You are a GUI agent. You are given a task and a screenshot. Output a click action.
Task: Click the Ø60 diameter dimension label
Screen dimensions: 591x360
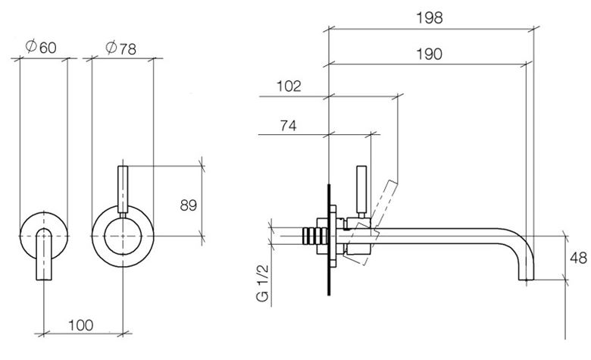[41, 47]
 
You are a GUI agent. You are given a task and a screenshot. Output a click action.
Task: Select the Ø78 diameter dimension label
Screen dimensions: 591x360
[120, 48]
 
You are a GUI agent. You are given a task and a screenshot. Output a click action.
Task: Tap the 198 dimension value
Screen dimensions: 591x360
[430, 17]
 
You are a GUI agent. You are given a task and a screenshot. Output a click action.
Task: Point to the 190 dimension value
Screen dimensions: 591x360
[429, 54]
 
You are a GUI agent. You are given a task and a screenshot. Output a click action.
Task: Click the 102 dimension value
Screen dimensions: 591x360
[289, 86]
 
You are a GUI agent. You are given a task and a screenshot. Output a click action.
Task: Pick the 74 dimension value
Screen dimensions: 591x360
[288, 125]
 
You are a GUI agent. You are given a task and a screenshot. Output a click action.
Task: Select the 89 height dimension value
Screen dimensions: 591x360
[189, 205]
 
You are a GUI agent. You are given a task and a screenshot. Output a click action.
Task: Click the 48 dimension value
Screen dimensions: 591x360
[578, 258]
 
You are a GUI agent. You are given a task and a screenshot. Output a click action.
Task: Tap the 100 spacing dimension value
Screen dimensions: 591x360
[81, 325]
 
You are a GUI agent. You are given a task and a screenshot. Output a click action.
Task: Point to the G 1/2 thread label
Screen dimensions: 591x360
[262, 283]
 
